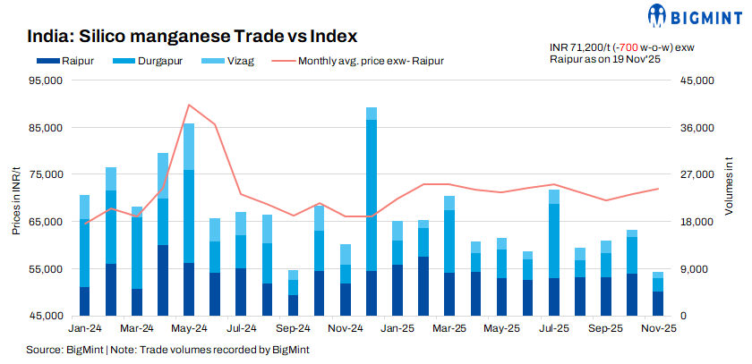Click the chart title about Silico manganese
point(192,37)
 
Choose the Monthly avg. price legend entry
point(358,61)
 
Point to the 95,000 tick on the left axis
point(44,80)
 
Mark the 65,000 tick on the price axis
point(44,222)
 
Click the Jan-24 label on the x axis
point(83,329)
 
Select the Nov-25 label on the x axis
point(658,329)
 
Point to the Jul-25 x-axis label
point(553,329)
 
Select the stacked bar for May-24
point(188,220)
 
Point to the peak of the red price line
point(188,105)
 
